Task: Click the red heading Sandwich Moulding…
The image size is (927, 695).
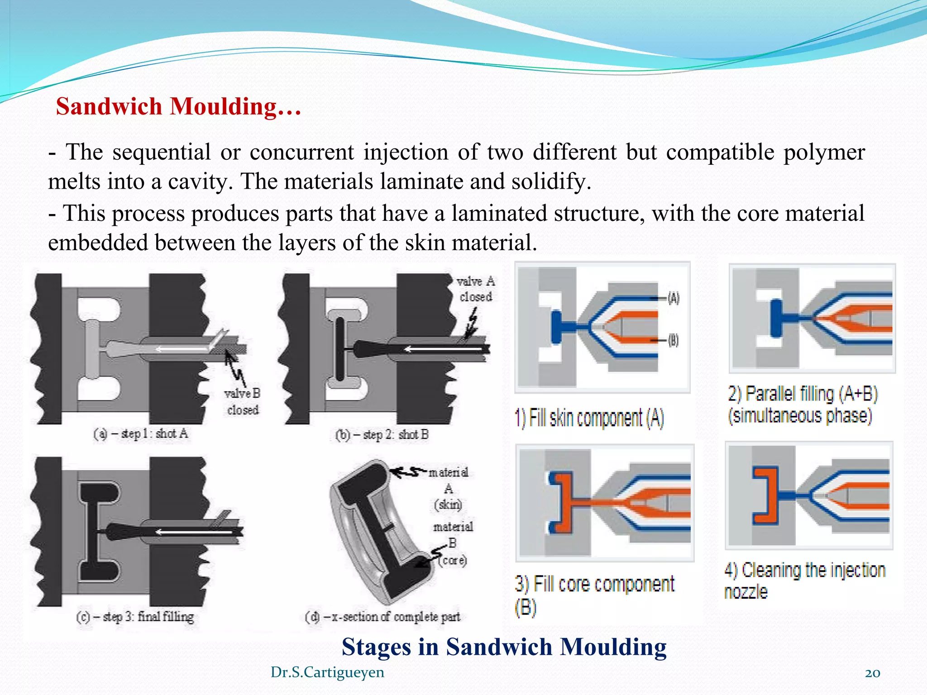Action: [x=178, y=107]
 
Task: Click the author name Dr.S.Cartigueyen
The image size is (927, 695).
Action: [x=327, y=672]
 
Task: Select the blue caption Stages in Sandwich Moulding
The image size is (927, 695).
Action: [x=504, y=647]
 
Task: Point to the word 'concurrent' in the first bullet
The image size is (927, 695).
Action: [x=301, y=152]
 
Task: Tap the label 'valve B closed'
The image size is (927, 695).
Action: [x=243, y=402]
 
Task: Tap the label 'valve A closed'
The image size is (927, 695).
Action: [x=476, y=289]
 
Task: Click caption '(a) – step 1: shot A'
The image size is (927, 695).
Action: [x=140, y=434]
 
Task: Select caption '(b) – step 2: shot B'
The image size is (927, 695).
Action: [x=382, y=435]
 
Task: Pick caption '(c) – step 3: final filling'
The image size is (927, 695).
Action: [x=135, y=617]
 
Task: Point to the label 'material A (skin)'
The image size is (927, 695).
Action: [x=448, y=489]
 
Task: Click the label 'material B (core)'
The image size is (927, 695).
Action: [x=453, y=543]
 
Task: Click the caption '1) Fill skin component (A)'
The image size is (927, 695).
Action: [x=589, y=418]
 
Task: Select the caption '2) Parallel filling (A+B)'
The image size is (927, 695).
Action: [x=803, y=394]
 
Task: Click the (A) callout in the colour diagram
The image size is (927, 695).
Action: [x=674, y=298]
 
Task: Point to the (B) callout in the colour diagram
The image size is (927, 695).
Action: [x=674, y=340]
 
